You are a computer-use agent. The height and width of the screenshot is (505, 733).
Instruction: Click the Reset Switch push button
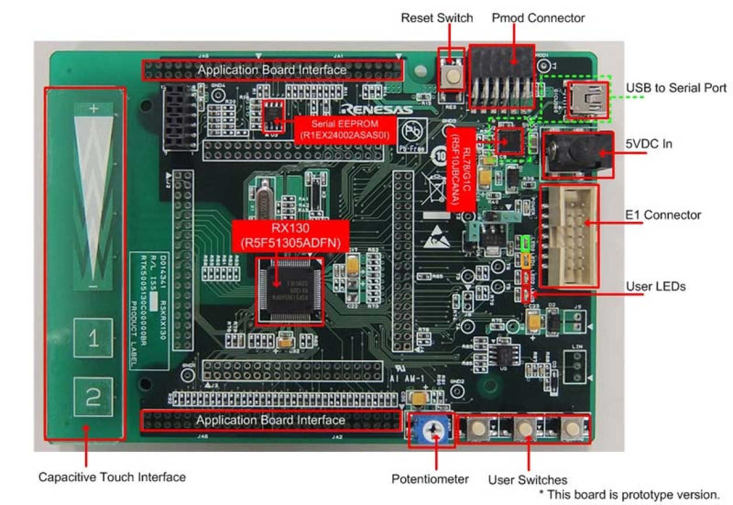(451, 76)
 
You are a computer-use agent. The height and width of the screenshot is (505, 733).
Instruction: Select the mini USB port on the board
(587, 95)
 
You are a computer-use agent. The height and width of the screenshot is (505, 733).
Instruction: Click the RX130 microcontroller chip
(290, 289)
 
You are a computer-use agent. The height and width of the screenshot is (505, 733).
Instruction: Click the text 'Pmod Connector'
(537, 18)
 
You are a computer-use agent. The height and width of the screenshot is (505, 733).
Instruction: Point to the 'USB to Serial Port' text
(676, 88)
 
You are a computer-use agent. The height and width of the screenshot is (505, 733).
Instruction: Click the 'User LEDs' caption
(655, 287)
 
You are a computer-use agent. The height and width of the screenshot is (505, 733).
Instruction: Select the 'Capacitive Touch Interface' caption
(112, 477)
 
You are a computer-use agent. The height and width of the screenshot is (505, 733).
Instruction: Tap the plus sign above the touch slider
(93, 108)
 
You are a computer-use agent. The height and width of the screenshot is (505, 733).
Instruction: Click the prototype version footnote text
(633, 494)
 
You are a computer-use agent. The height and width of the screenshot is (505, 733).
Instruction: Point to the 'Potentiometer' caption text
(430, 479)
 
